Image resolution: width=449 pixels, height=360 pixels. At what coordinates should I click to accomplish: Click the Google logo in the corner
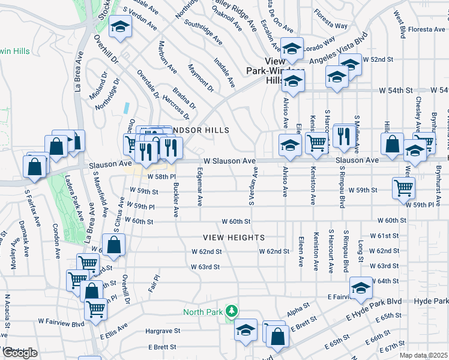click(20, 353)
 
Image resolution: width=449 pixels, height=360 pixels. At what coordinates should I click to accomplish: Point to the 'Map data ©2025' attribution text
click(423, 355)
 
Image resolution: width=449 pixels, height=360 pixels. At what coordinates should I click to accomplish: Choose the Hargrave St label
click(163, 331)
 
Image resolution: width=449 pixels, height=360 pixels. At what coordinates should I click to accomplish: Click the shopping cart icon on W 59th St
click(403, 187)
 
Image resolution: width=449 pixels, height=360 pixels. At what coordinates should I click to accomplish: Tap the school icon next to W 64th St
click(361, 287)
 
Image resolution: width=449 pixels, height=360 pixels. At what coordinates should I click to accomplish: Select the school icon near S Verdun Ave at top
click(121, 26)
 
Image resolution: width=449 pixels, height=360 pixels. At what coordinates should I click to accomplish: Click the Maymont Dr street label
click(201, 78)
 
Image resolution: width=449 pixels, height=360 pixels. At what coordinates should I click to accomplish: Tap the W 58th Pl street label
click(161, 177)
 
